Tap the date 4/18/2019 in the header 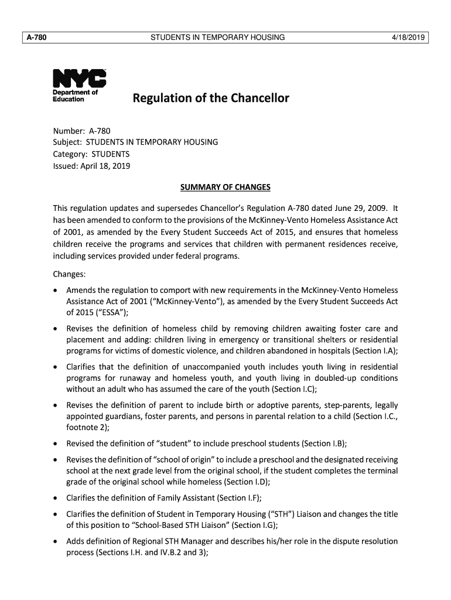pos(409,38)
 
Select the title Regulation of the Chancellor pos(211,98)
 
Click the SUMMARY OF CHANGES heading pos(225,187)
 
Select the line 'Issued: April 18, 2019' pos(92,166)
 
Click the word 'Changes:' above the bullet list pos(70,274)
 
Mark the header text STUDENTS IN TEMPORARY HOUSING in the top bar pos(218,38)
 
